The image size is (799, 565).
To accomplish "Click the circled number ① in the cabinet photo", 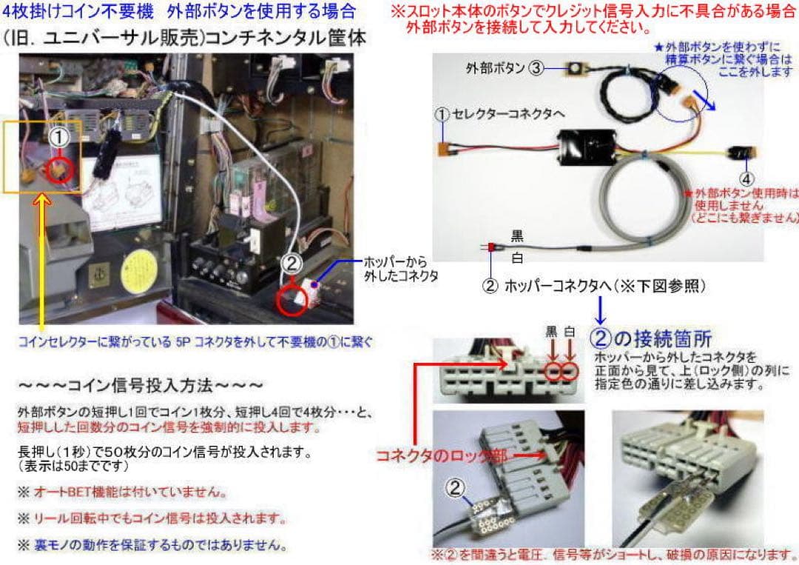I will click(x=58, y=138).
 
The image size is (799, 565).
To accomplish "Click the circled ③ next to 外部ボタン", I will click(x=537, y=69).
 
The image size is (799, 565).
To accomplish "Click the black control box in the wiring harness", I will click(x=587, y=145).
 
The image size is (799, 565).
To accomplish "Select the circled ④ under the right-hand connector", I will click(x=746, y=178).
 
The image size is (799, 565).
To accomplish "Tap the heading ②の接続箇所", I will click(x=652, y=338).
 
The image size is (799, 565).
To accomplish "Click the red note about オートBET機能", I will click(x=123, y=492).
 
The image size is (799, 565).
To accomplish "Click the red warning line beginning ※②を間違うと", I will click(x=613, y=554).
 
